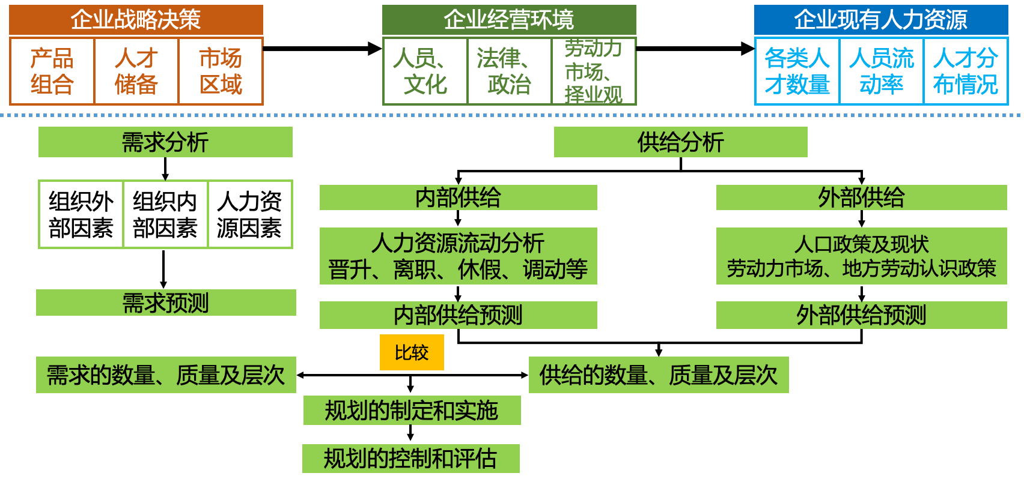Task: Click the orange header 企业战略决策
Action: pyautogui.click(x=136, y=20)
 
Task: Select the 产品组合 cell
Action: pyautogui.click(x=52, y=71)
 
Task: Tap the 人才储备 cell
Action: pyautogui.click(x=136, y=71)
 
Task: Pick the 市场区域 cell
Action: pyautogui.click(x=221, y=71)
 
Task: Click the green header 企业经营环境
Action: pyautogui.click(x=509, y=20)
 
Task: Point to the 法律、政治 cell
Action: pyautogui.click(x=509, y=71)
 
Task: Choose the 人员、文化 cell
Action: pyautogui.click(x=425, y=71)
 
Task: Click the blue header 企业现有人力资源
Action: pyautogui.click(x=881, y=20)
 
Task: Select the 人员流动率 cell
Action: pyautogui.click(x=881, y=71)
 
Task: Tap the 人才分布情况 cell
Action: pyautogui.click(x=965, y=71)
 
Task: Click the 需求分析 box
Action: pyautogui.click(x=165, y=142)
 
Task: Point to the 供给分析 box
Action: pyautogui.click(x=680, y=142)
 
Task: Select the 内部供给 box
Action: pyautogui.click(x=458, y=197)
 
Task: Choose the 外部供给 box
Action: pyautogui.click(x=861, y=197)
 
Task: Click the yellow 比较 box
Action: pyautogui.click(x=412, y=352)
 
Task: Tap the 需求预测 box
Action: pyautogui.click(x=166, y=303)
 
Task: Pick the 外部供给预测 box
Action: pyautogui.click(x=861, y=315)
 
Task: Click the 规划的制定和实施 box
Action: pyautogui.click(x=412, y=411)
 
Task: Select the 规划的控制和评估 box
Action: pyautogui.click(x=410, y=459)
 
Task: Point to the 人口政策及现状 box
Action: pyautogui.click(x=861, y=256)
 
